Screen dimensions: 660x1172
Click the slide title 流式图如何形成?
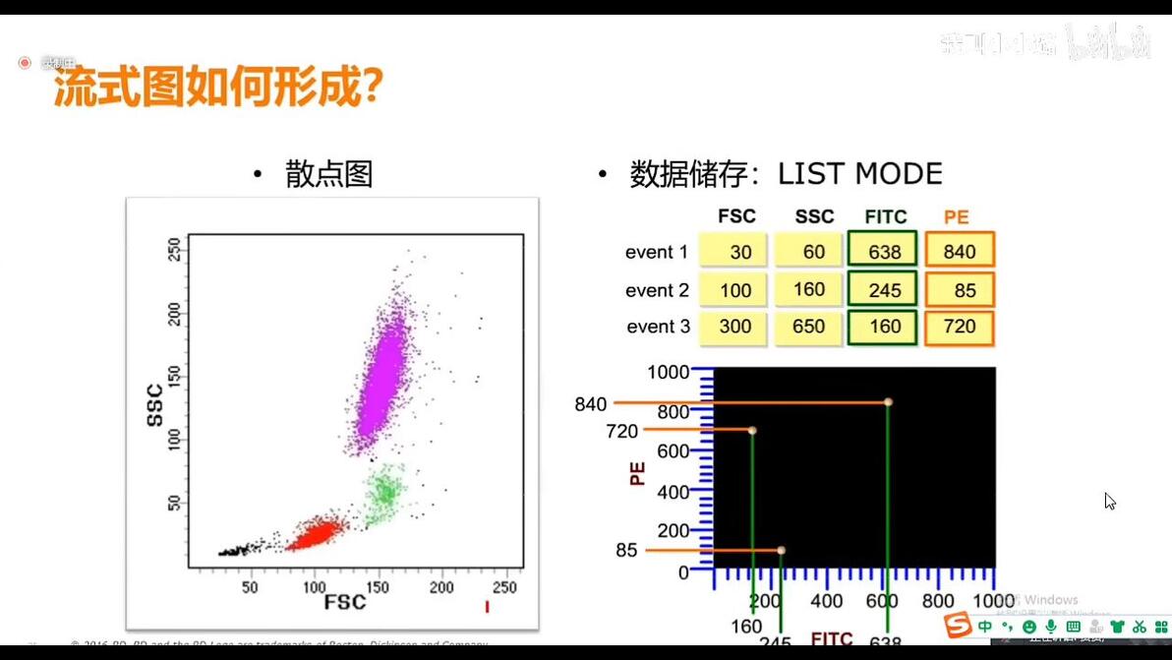pos(217,90)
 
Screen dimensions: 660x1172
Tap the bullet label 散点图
pos(328,174)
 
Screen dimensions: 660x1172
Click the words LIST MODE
pos(859,174)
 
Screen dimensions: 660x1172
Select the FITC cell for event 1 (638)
pos(884,252)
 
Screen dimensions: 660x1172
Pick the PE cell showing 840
pos(960,252)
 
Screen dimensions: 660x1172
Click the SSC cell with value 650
pos(808,327)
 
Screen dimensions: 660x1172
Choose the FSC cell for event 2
pos(734,290)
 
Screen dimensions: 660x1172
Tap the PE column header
pos(956,216)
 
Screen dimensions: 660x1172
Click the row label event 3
pos(658,327)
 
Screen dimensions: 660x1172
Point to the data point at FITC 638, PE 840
pos(888,402)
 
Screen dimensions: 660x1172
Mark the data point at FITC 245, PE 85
pos(781,550)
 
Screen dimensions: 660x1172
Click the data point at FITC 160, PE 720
pos(752,431)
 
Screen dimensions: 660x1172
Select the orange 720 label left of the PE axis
pos(622,431)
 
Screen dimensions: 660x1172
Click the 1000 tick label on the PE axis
pos(669,372)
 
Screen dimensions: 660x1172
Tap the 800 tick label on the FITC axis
pos(938,601)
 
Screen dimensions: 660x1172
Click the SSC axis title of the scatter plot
pos(154,404)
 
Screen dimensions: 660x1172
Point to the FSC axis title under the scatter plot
pos(345,602)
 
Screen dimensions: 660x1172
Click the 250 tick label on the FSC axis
pos(504,587)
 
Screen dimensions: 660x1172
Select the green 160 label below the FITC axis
pos(746,627)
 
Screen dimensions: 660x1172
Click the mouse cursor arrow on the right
pos(1108,500)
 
